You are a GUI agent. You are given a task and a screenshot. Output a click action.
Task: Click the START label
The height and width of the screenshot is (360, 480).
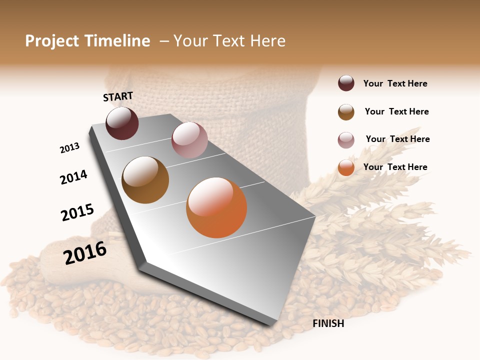coord(118,96)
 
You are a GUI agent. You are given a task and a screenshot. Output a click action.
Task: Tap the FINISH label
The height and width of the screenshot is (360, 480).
coord(328,323)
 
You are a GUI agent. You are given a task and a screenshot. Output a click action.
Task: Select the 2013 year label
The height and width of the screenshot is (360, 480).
coord(69,148)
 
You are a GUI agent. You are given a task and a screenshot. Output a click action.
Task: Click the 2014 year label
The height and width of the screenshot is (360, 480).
coord(73,177)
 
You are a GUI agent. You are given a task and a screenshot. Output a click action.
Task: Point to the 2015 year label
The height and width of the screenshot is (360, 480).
coord(77,212)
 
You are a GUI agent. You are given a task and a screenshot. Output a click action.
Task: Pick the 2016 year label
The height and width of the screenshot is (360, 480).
coord(85,253)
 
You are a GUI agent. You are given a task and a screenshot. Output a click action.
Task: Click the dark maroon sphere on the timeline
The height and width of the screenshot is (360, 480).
coord(122,123)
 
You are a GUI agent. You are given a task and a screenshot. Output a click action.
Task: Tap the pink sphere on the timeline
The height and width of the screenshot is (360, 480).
coord(189,140)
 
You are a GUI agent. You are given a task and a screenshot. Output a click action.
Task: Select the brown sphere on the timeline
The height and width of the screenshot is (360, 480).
coord(145,180)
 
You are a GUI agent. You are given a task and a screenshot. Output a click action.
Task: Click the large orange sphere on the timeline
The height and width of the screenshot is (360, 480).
coord(216,207)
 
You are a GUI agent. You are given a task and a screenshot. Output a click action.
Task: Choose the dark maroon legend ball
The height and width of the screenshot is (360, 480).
coord(346,83)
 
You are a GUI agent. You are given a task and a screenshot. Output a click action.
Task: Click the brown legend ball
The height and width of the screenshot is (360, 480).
coord(346,112)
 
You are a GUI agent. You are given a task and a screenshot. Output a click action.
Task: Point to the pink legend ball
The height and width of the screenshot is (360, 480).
coord(346,140)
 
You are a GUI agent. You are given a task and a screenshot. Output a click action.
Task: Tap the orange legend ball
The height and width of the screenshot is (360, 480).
coord(346,167)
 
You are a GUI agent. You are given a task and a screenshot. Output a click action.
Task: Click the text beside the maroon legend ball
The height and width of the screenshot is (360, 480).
coord(395,83)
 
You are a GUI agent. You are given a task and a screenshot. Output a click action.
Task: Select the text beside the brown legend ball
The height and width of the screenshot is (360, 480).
coord(396,111)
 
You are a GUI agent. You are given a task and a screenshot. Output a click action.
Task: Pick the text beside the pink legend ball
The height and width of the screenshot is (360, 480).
coord(397,139)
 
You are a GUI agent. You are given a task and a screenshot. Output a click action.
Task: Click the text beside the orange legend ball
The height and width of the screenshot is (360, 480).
coord(395,167)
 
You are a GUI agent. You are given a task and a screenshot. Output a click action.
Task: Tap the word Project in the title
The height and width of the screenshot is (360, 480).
coord(52,41)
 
